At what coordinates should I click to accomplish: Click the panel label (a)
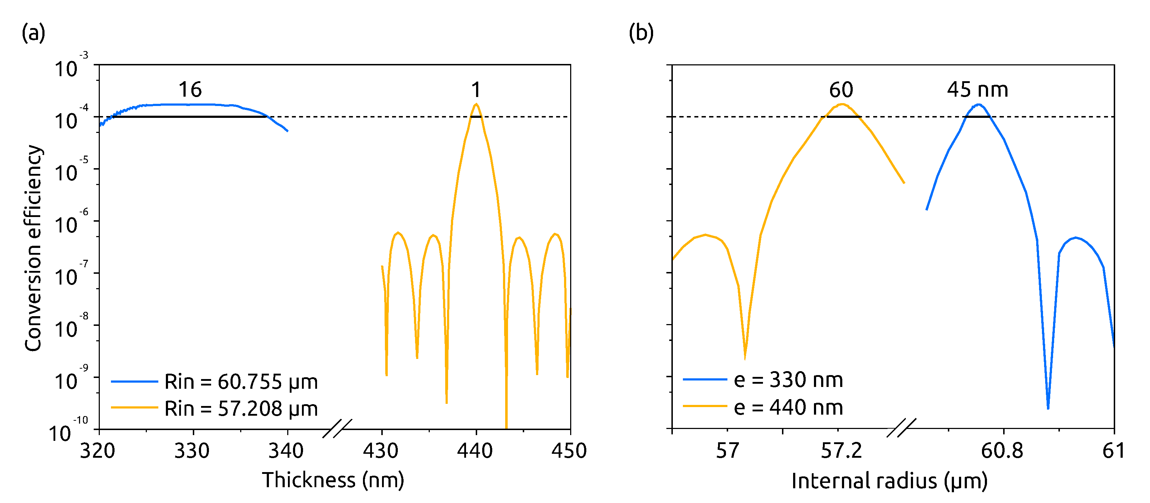click(x=33, y=33)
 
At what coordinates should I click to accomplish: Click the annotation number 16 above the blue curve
click(x=190, y=90)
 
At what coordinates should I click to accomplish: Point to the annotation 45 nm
click(x=977, y=90)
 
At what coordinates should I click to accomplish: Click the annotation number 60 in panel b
click(x=841, y=90)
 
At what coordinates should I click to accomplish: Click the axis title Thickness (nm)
click(x=333, y=480)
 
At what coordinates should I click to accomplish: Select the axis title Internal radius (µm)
click(x=889, y=481)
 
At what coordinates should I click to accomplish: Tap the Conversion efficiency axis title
click(x=33, y=248)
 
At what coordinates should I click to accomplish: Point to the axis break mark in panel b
click(x=901, y=428)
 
